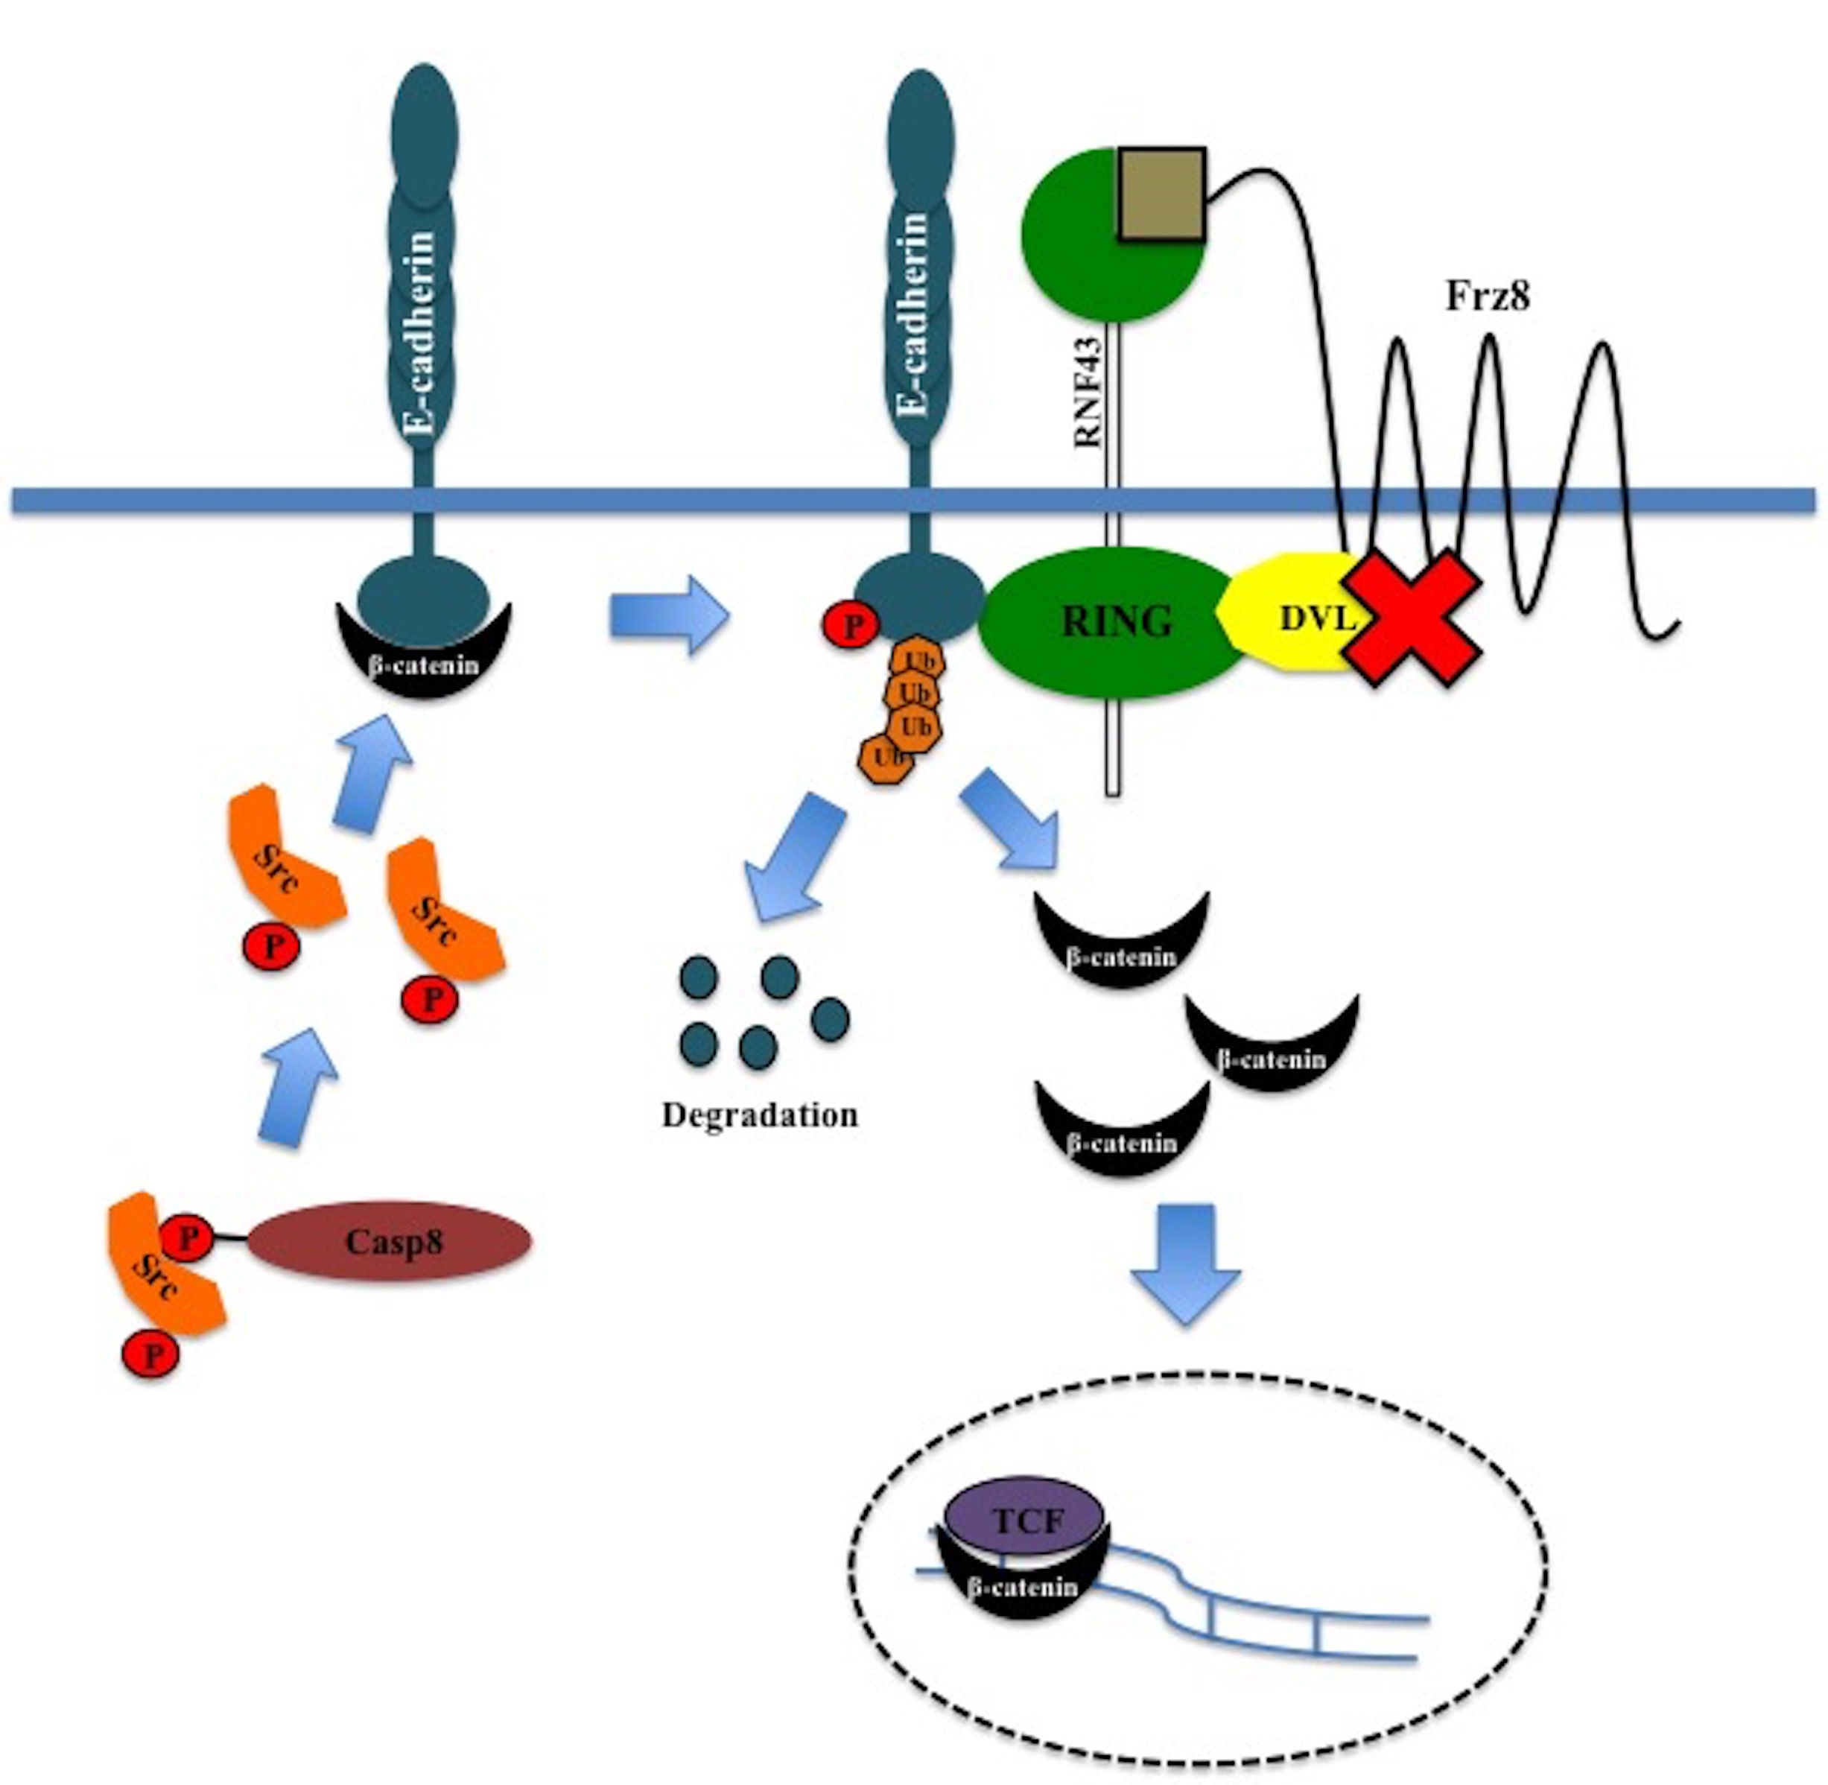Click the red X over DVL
1414,619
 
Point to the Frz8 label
1488,297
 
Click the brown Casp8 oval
388,1241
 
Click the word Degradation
759,1115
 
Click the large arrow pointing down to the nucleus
1185,1264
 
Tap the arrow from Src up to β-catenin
372,773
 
